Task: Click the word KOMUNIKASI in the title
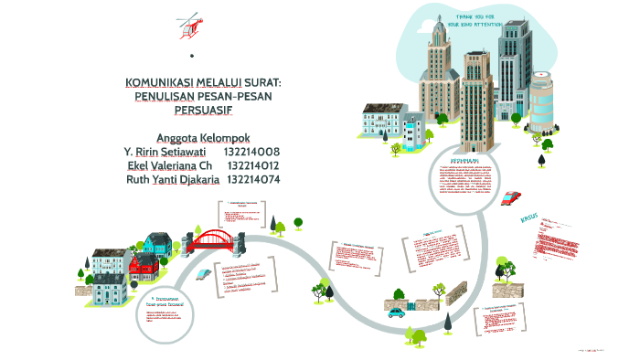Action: [163, 83]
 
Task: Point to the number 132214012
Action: [252, 165]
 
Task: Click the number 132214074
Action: [252, 179]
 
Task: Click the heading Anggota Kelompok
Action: [203, 137]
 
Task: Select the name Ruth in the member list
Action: [139, 179]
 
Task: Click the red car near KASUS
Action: [511, 197]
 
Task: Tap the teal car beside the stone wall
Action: [396, 312]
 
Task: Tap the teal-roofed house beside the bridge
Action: [158, 242]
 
